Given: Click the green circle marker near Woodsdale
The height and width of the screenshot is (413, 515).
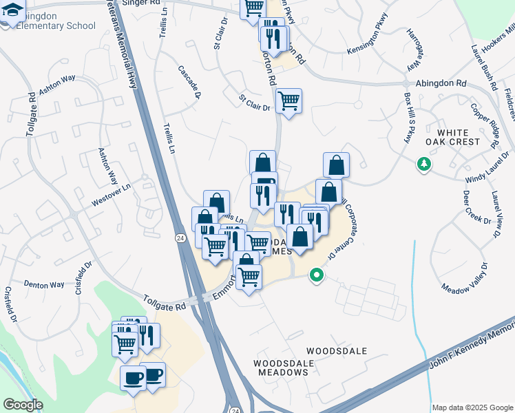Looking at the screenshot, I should click(x=317, y=275).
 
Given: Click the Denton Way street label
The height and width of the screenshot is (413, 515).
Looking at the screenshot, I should click(x=44, y=284).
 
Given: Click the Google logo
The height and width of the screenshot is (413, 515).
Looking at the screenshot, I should click(x=23, y=405).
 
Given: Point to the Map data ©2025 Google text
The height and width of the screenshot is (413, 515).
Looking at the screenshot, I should click(x=472, y=407).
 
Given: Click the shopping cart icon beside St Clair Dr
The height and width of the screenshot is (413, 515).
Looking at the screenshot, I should click(x=289, y=101).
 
